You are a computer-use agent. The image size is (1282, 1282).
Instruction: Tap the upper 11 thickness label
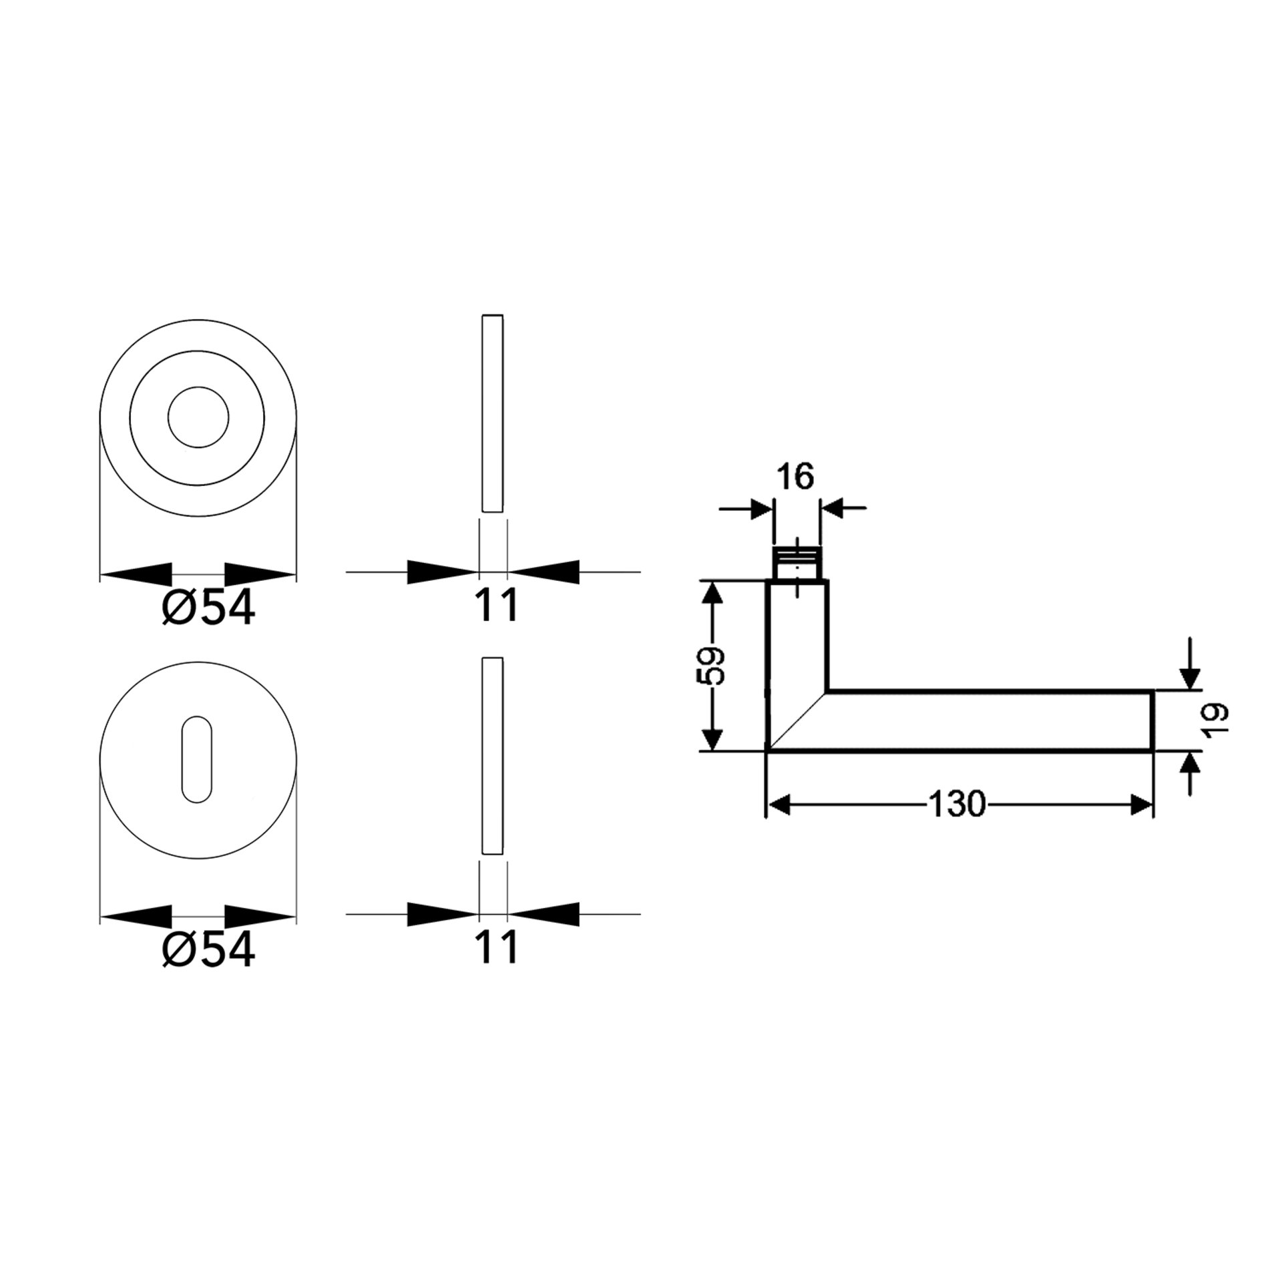pyautogui.click(x=496, y=606)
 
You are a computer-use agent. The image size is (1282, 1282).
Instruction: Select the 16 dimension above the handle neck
pyautogui.click(x=796, y=477)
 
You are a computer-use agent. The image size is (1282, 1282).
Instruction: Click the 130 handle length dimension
pyautogui.click(x=957, y=805)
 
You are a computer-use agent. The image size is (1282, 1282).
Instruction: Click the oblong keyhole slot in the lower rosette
pyautogui.click(x=197, y=759)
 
